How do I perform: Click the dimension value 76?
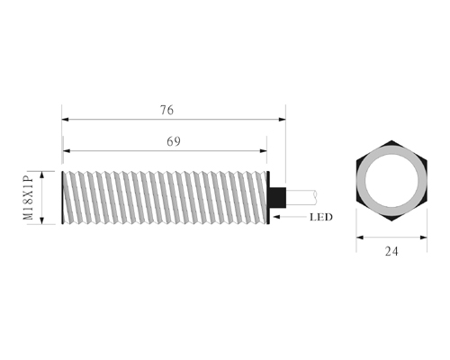click(x=166, y=110)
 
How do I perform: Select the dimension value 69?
click(x=174, y=141)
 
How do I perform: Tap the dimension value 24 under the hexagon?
click(x=391, y=251)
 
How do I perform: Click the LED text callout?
click(x=321, y=217)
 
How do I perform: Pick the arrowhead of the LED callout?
click(x=276, y=217)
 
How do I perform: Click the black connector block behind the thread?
click(x=278, y=197)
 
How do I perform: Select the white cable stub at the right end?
click(x=301, y=197)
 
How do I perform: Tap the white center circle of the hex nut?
click(x=391, y=181)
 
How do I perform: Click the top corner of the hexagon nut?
click(x=391, y=140)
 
